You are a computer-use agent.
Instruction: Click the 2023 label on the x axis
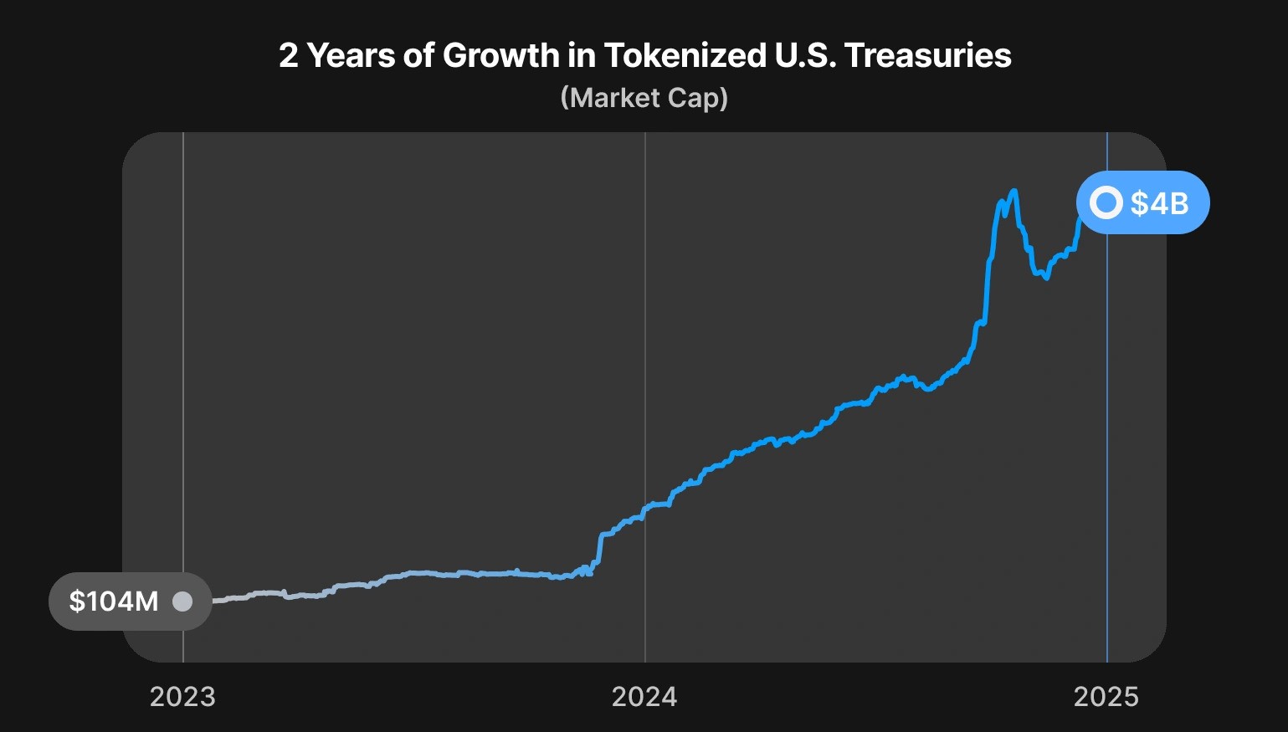click(182, 696)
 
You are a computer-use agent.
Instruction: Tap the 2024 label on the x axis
click(644, 696)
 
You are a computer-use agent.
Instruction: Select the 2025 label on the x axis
click(1106, 696)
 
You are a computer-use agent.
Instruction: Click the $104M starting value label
click(114, 601)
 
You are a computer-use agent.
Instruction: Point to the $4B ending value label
click(1159, 202)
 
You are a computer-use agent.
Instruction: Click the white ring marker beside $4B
click(1106, 202)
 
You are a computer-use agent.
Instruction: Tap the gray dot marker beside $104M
click(182, 601)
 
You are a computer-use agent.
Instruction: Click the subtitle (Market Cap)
click(644, 98)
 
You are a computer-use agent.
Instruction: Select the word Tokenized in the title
click(683, 56)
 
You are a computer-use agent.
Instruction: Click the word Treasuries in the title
click(927, 56)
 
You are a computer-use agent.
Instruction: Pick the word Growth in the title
click(500, 56)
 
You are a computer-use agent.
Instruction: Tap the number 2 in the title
click(288, 56)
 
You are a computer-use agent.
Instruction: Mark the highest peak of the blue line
click(1014, 192)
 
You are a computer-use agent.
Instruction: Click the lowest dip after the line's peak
click(1046, 278)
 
